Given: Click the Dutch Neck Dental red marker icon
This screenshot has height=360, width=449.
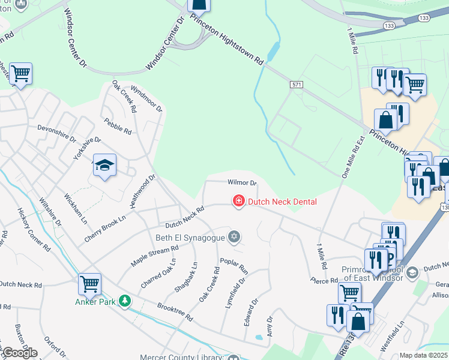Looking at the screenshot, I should (x=238, y=201).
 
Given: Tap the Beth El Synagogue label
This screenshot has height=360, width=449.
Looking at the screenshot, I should (x=190, y=238).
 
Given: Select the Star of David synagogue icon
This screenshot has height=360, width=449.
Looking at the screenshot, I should (x=235, y=237).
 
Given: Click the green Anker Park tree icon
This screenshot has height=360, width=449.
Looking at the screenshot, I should (x=125, y=301).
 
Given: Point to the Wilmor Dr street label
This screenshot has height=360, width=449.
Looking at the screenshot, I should (x=243, y=182).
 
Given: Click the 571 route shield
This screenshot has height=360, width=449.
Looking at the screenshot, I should (x=295, y=85).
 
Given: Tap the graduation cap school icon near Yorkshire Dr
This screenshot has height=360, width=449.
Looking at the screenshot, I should (x=104, y=166).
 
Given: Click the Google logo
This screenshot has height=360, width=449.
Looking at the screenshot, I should (x=19, y=353).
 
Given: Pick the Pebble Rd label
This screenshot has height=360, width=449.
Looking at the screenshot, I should (x=117, y=127).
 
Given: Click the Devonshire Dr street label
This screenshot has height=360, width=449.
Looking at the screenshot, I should (x=57, y=133).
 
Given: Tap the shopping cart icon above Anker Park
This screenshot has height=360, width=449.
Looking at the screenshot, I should (x=89, y=283).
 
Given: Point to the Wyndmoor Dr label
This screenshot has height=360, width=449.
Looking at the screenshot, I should (x=146, y=98).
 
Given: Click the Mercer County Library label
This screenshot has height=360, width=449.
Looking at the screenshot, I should (x=182, y=357).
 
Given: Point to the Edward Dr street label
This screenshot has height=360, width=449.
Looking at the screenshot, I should (x=250, y=313).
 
